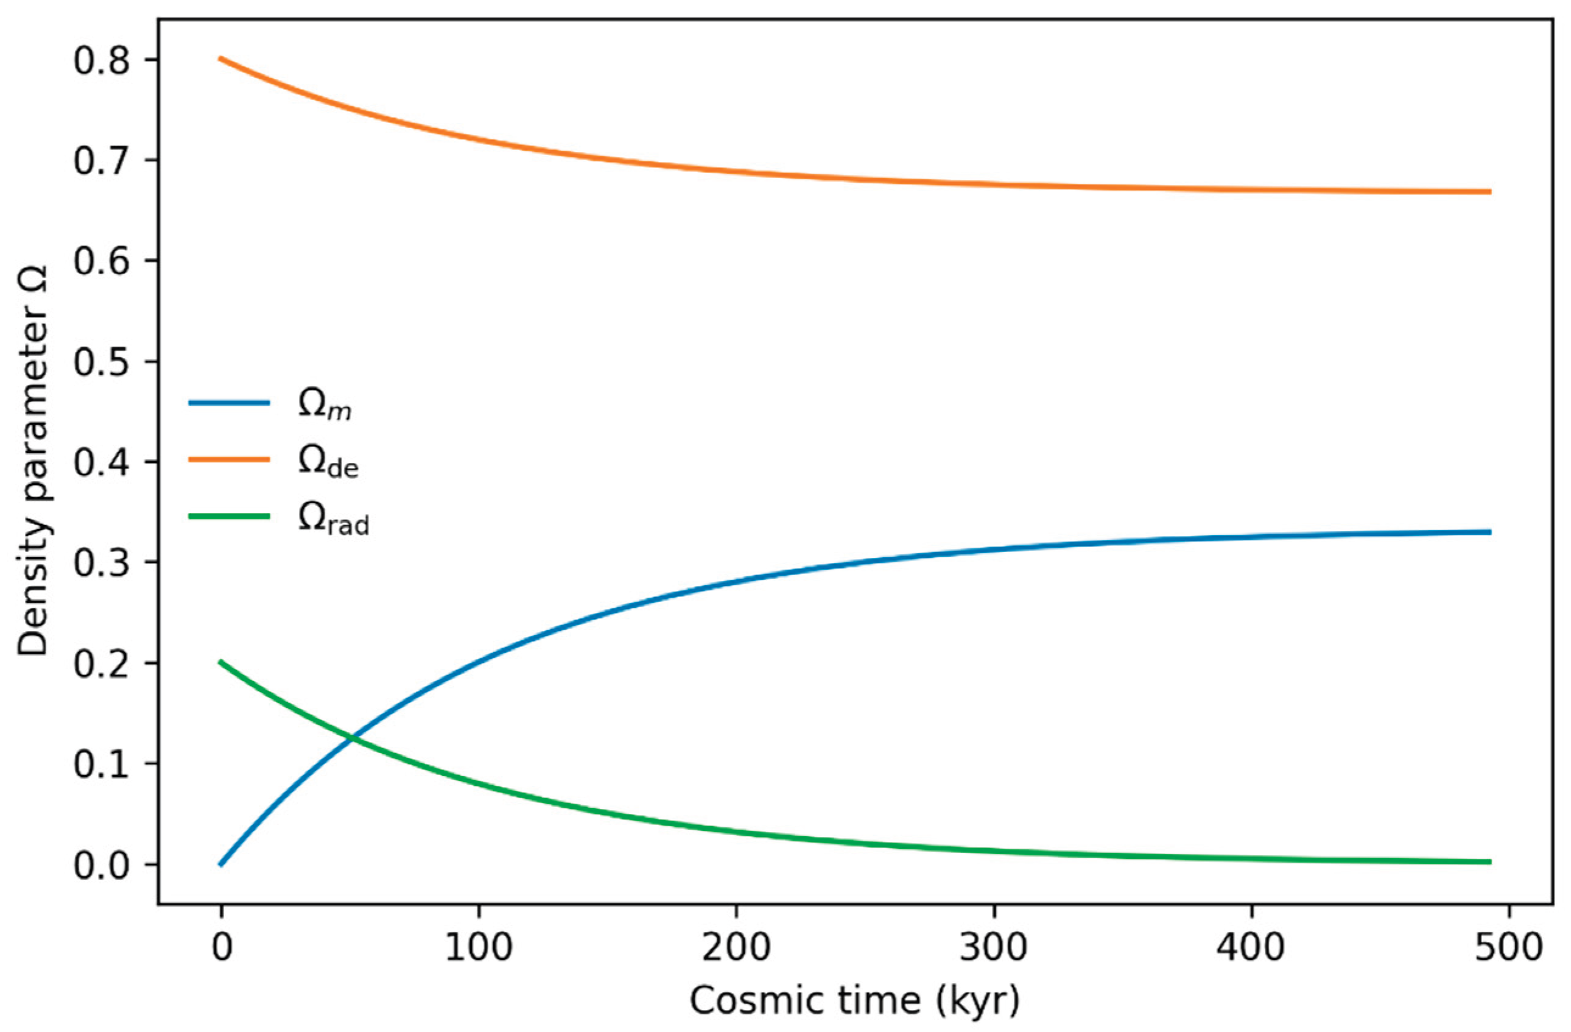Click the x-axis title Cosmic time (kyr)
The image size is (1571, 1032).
[855, 1002]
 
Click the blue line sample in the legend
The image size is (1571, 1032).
[229, 402]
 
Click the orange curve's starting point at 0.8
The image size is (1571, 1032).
[221, 58]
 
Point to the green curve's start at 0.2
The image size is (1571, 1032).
[221, 662]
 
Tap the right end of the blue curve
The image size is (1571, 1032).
[1490, 531]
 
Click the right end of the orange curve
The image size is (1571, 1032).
[1490, 191]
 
